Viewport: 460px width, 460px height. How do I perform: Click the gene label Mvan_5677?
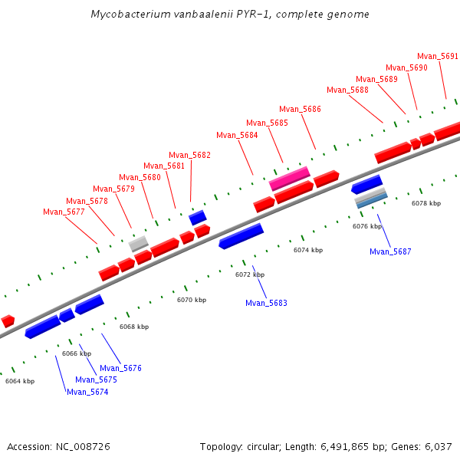tap(64, 212)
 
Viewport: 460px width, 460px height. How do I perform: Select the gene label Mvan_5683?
tap(266, 303)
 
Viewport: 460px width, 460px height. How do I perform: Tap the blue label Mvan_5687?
tap(390, 251)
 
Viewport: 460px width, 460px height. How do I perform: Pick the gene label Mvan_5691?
tap(438, 56)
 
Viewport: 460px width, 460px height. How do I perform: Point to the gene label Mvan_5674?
tap(87, 392)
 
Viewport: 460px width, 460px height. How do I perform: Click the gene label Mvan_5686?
tap(300, 109)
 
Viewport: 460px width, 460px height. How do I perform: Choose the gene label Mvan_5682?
tap(189, 155)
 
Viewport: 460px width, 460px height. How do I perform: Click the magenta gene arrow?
tap(290, 179)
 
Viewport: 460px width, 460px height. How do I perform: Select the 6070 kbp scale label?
tap(192, 300)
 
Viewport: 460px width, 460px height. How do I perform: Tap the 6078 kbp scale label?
tap(426, 203)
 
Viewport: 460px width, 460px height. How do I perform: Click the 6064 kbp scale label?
tap(20, 380)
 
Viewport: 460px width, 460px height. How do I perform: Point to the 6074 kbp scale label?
tap(308, 250)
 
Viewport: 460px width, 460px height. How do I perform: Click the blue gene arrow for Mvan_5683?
tap(241, 236)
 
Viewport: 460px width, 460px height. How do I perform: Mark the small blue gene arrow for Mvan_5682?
tap(198, 218)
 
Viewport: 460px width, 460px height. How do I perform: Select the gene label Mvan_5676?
tap(120, 368)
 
